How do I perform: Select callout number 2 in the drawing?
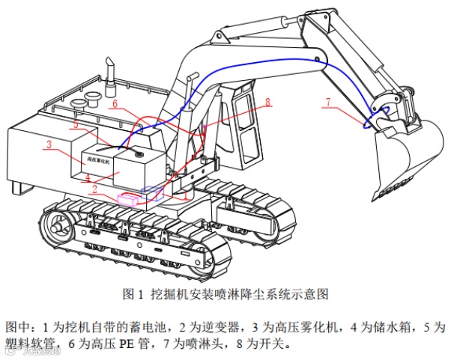(94, 189)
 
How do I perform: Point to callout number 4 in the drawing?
(88, 177)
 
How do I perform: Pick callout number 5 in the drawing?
(75, 124)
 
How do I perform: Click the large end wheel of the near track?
(56, 224)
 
